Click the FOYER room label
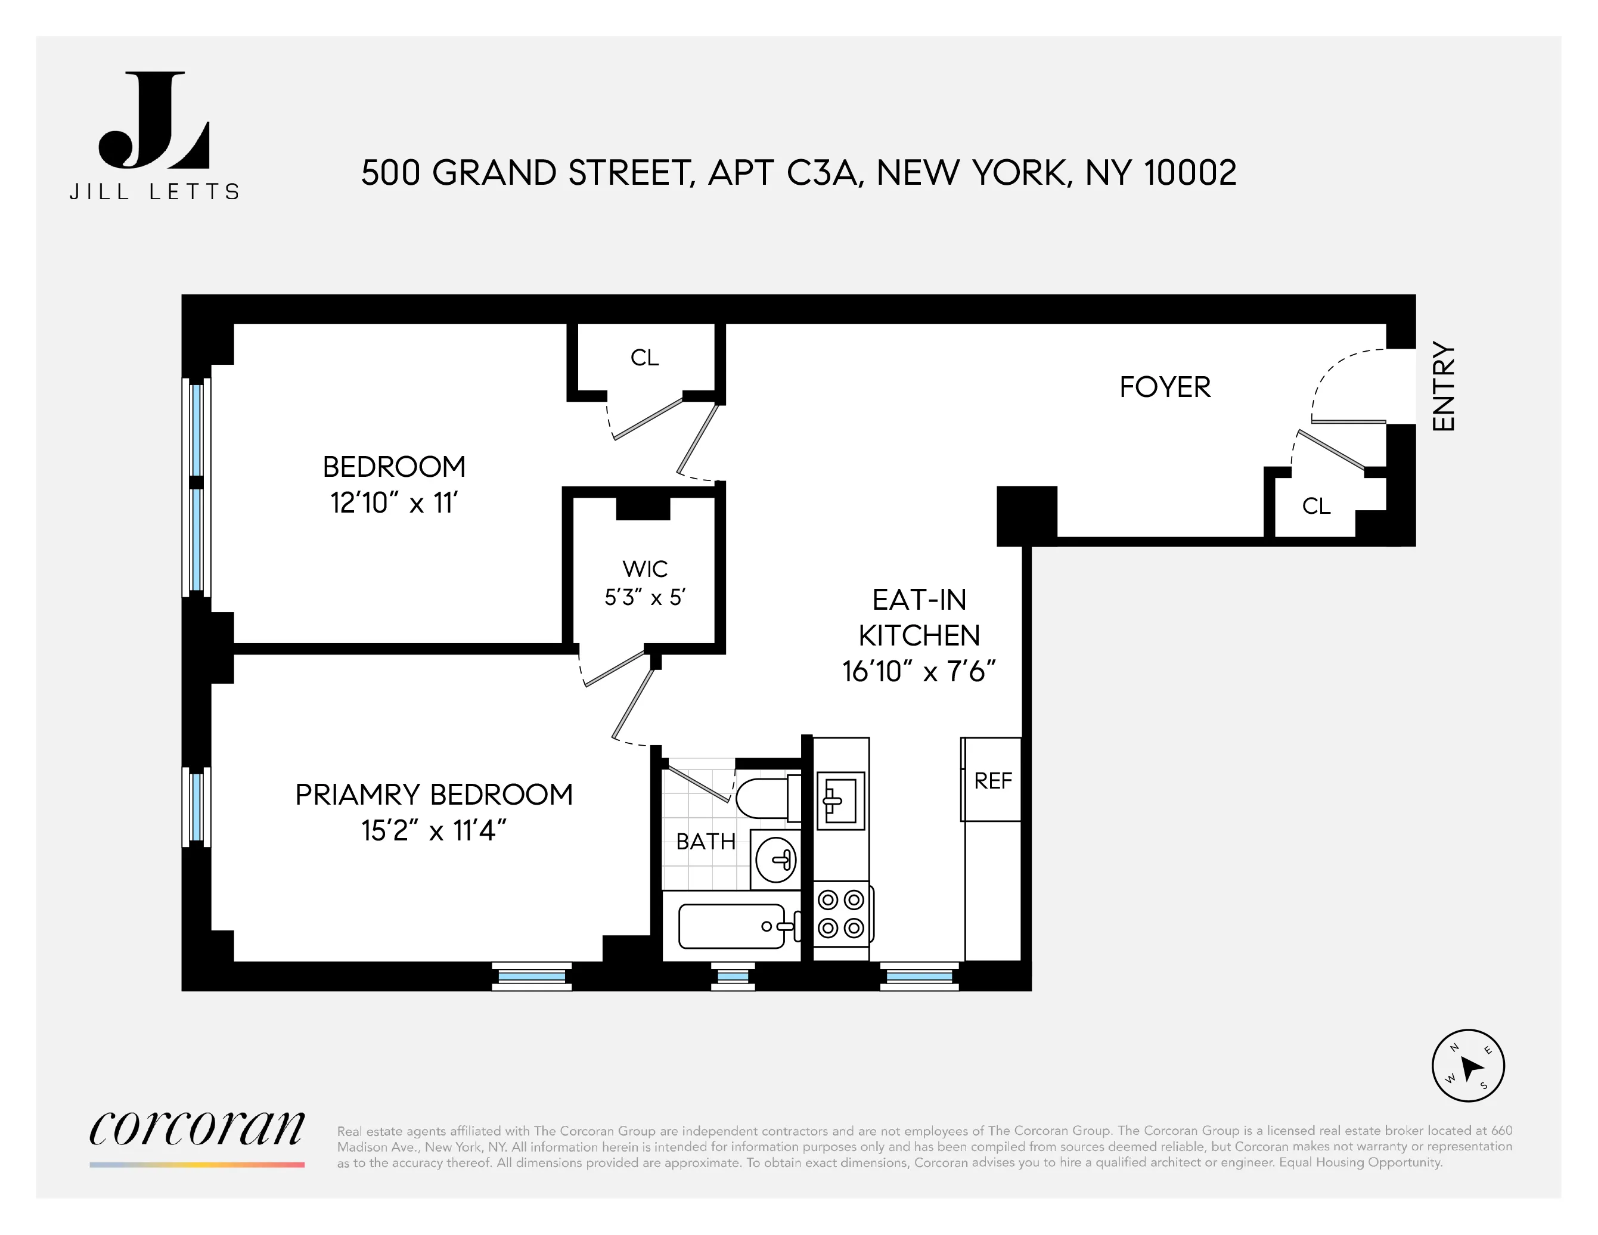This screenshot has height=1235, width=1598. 1164,387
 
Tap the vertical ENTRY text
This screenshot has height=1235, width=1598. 1443,386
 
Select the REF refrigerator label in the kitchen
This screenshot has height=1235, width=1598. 992,781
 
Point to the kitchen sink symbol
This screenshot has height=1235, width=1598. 840,800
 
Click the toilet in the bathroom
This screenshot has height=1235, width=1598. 765,798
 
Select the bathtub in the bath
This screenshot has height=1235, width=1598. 732,926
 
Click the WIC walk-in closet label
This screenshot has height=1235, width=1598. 644,569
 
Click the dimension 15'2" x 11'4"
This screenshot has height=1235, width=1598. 433,830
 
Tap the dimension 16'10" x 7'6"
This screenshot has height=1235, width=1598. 919,671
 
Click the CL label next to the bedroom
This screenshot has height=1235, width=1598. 644,358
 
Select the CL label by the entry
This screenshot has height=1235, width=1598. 1315,506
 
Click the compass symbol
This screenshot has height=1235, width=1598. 1467,1065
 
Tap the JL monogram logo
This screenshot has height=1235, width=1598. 154,121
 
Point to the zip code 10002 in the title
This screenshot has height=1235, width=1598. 1190,173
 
